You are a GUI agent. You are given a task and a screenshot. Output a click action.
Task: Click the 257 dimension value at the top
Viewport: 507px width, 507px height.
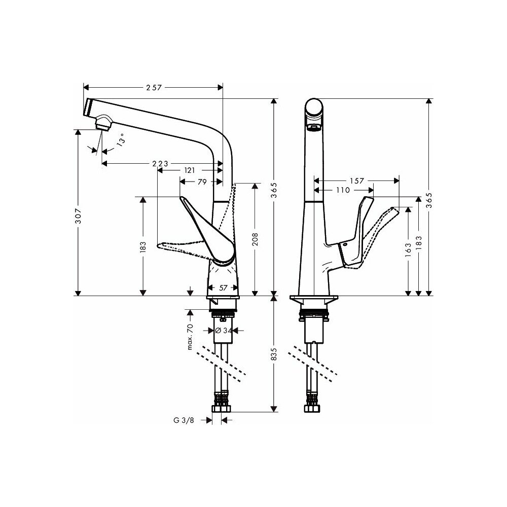point(154,87)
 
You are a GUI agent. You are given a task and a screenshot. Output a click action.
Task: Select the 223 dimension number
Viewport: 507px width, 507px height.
point(160,164)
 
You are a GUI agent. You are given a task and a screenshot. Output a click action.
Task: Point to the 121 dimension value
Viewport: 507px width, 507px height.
point(190,170)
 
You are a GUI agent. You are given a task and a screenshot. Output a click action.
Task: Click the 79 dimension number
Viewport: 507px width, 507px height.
point(202,182)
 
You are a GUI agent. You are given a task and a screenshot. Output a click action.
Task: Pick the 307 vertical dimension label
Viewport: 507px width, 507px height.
point(78,216)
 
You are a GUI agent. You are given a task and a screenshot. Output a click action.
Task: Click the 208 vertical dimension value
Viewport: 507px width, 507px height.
point(255,239)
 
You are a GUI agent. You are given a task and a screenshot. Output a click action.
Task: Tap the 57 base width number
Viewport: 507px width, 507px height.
point(223,287)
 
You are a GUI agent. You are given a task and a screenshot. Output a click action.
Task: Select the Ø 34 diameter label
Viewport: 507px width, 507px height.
point(224,331)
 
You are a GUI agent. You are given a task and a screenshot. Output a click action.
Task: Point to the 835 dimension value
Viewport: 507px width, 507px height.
point(274,354)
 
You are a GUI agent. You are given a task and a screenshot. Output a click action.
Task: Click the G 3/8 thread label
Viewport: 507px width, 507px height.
point(184,420)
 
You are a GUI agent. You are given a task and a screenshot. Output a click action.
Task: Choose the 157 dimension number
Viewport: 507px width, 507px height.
point(357,181)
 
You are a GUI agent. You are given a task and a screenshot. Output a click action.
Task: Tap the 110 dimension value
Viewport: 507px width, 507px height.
point(343,190)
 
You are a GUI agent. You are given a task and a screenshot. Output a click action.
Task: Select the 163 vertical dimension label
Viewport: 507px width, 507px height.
point(408,250)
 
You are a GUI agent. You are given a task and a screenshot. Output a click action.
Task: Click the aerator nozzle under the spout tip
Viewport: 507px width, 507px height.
point(103,123)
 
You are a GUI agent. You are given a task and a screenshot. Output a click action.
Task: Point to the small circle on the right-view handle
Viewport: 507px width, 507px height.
point(346,245)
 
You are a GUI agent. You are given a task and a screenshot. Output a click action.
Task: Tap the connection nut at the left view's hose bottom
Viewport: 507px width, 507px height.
point(222,409)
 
